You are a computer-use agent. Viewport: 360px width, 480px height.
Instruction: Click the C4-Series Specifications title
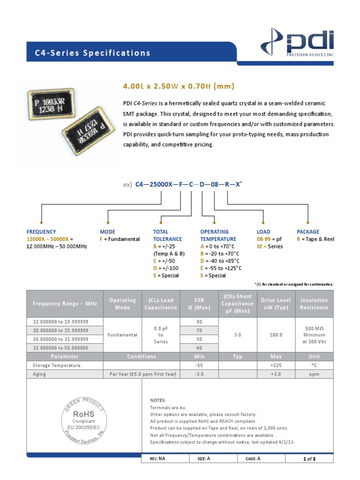point(93,53)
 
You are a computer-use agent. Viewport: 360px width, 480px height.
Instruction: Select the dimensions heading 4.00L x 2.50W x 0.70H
point(178,86)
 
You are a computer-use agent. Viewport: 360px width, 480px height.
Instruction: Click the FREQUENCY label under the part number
point(41,232)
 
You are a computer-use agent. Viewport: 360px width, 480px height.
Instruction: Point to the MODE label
point(107,232)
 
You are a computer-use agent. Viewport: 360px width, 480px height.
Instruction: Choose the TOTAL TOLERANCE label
point(167,235)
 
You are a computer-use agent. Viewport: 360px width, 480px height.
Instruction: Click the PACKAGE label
point(308,232)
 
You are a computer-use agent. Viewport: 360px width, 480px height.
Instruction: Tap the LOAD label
point(263,232)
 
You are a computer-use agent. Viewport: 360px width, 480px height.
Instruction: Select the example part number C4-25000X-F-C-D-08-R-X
point(187,185)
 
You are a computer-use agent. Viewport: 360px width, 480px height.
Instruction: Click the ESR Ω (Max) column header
point(199,304)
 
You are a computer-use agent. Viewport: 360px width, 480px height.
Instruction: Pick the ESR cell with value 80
point(199,322)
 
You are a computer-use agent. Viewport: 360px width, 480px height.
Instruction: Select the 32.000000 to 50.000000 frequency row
point(61,347)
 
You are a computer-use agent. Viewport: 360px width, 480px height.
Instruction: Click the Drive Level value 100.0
point(276,335)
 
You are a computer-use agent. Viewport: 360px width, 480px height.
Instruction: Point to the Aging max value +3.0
point(276,374)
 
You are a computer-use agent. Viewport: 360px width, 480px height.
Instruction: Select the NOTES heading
point(158,400)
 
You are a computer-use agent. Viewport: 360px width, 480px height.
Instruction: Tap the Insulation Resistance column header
point(314,304)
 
